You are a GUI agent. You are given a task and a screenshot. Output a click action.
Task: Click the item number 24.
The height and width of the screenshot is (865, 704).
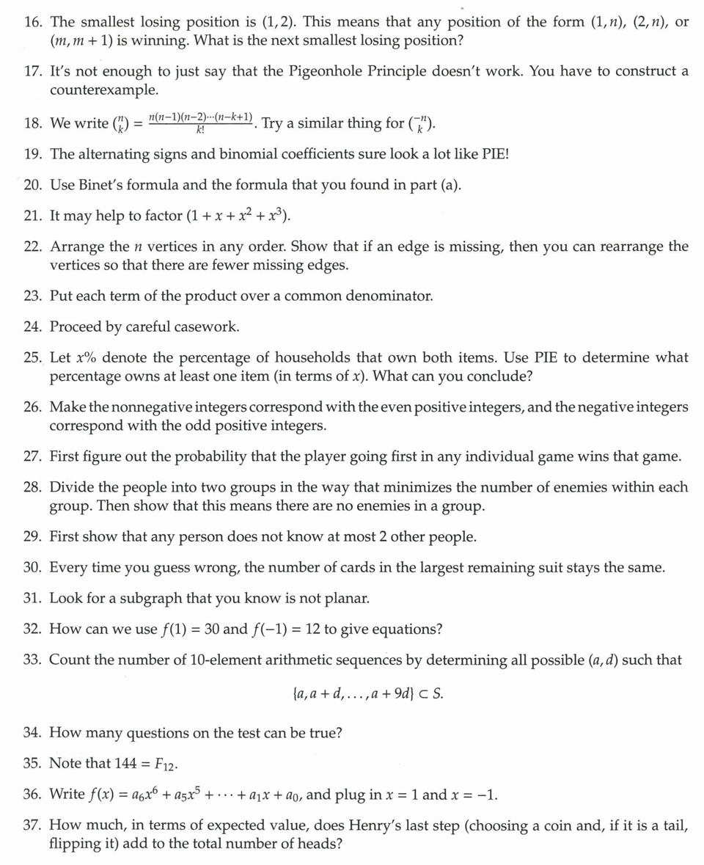click(x=32, y=326)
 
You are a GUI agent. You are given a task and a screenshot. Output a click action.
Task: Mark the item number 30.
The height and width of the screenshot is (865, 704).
click(x=32, y=567)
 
